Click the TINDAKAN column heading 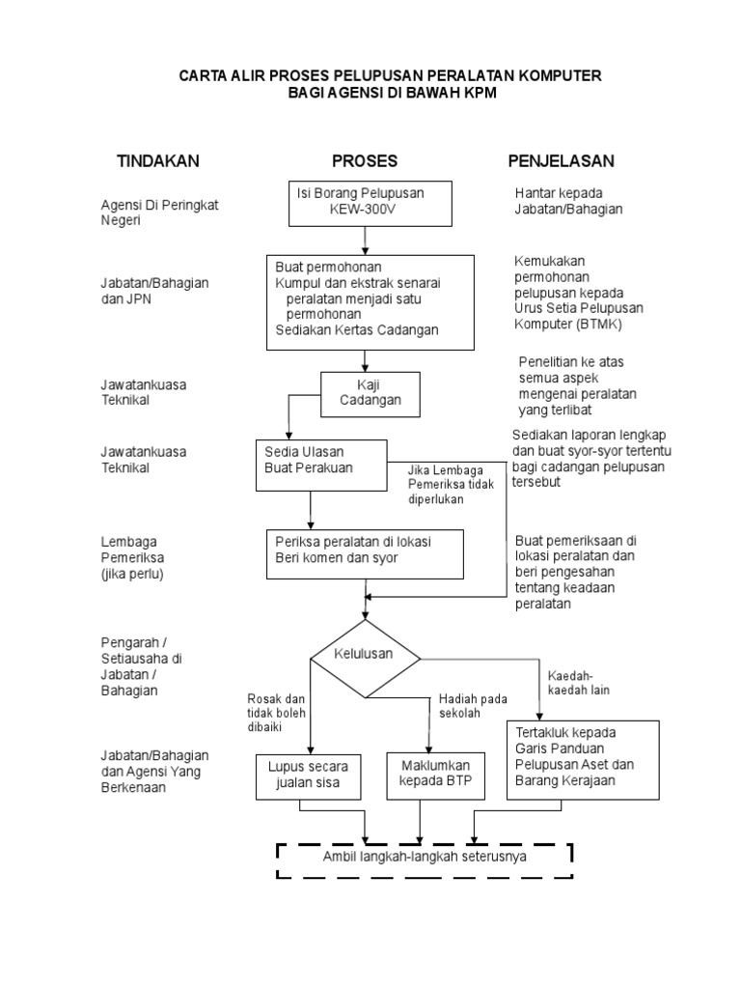coord(158,160)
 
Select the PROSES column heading coord(365,160)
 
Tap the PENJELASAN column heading coord(562,160)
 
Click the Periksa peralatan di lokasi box coord(366,551)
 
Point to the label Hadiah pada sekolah coord(473,705)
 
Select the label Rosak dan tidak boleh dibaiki coord(276,712)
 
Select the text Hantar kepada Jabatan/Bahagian coord(568,201)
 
